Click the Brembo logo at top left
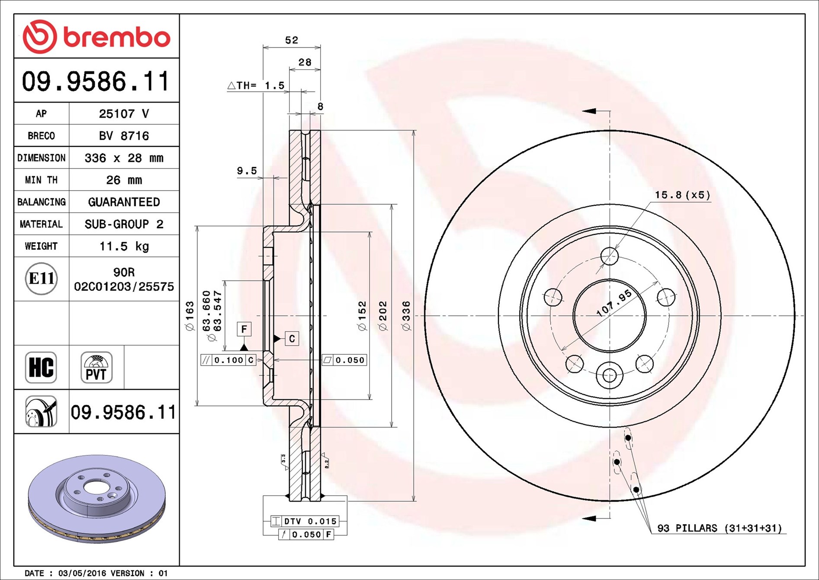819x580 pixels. [x=96, y=37]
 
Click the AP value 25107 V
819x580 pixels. [x=124, y=113]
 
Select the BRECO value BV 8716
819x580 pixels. [x=124, y=136]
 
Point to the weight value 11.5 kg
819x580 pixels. [x=124, y=246]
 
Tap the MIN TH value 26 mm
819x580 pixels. [x=124, y=180]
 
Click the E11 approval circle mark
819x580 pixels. [x=41, y=279]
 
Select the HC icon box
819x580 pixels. [x=41, y=367]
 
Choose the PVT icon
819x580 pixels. [x=96, y=367]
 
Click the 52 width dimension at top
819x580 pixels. [x=292, y=40]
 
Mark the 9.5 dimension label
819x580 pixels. [x=247, y=171]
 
